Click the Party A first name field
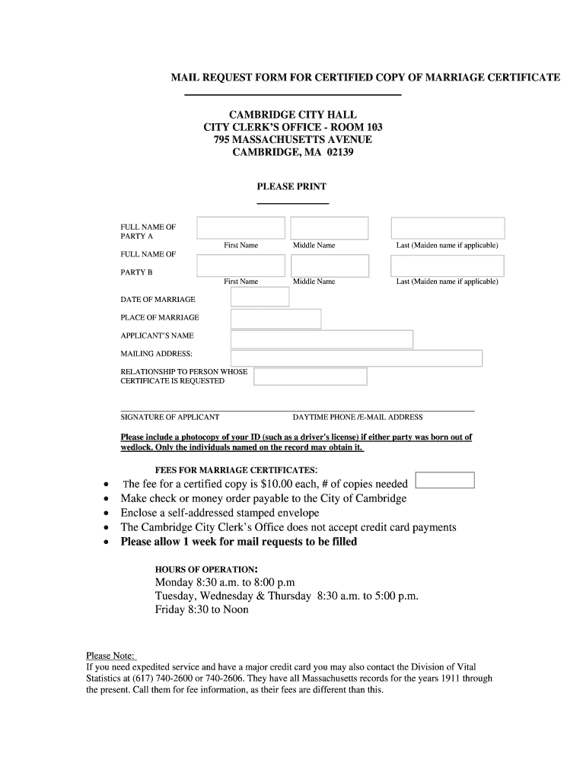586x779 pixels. tap(240, 228)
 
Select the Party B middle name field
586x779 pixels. tap(330, 265)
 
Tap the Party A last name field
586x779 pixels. tap(447, 228)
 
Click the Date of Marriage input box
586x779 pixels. tap(260, 297)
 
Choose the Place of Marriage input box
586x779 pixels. tap(275, 319)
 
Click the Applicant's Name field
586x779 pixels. tap(321, 339)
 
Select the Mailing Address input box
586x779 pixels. tap(356, 358)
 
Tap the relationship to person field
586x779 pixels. tap(310, 377)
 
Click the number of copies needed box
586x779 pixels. tap(446, 480)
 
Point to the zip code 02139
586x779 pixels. tap(340, 152)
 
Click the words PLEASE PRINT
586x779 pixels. tap(291, 186)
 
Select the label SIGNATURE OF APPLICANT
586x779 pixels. tap(170, 417)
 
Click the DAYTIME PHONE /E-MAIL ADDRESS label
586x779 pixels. tap(358, 417)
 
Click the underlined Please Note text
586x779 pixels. tap(110, 656)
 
